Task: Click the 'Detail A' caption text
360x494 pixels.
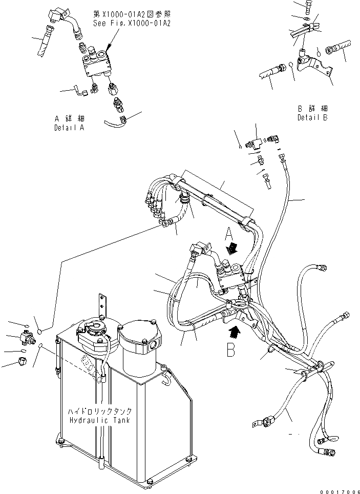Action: pos(69,128)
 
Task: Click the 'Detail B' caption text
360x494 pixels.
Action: pos(312,117)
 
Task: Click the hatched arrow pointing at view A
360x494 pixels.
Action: pos(232,248)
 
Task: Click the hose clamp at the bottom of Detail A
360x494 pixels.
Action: pos(122,121)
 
